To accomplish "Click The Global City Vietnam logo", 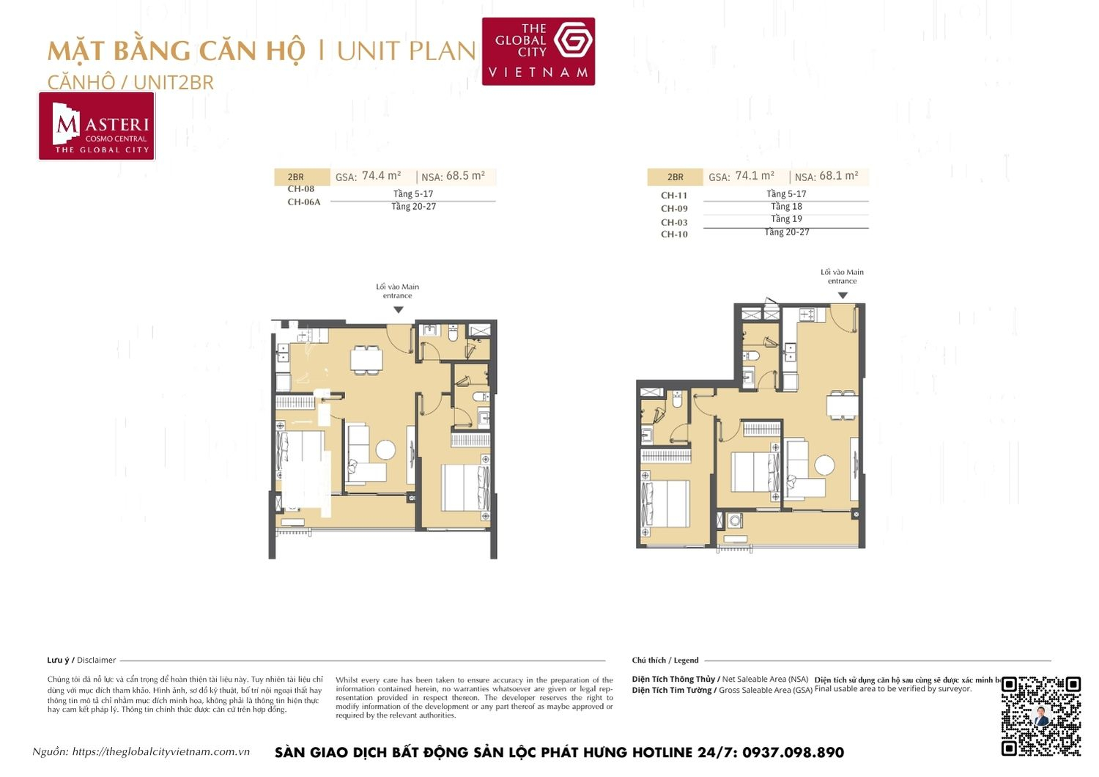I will pyautogui.click(x=538, y=51).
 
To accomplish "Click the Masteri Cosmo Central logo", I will pyautogui.click(x=97, y=126).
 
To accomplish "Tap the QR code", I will pyautogui.click(x=1040, y=715).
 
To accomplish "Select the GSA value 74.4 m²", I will pyautogui.click(x=381, y=176).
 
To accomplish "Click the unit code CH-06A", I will pyautogui.click(x=303, y=202).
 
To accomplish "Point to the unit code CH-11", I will pyautogui.click(x=674, y=196).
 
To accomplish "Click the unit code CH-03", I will pyautogui.click(x=674, y=222).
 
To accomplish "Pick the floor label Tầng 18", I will pyautogui.click(x=786, y=207).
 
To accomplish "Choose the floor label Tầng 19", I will pyautogui.click(x=786, y=219).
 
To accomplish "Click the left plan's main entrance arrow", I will pyautogui.click(x=398, y=310).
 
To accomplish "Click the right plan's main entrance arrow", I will pyautogui.click(x=843, y=295).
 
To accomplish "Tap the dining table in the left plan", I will pyautogui.click(x=366, y=359).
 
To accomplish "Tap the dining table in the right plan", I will pyautogui.click(x=842, y=405).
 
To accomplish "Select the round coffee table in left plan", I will pyautogui.click(x=385, y=449).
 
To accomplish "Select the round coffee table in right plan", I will pyautogui.click(x=825, y=465).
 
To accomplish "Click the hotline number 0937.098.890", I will pyautogui.click(x=793, y=753).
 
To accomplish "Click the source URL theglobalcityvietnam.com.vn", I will pyautogui.click(x=161, y=752).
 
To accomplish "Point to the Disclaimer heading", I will pyautogui.click(x=81, y=660).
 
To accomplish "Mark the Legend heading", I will pyautogui.click(x=665, y=660).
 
